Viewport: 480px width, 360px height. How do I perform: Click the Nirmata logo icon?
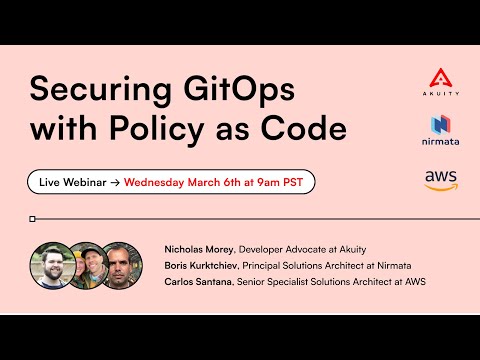[x=441, y=125]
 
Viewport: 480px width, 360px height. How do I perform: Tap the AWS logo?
[x=441, y=179]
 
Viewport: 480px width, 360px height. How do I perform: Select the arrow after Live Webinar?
[x=115, y=183]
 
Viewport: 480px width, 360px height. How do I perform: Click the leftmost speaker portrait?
[x=51, y=265]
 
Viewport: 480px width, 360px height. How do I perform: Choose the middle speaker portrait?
[x=87, y=265]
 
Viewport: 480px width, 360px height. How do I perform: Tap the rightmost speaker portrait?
[x=121, y=265]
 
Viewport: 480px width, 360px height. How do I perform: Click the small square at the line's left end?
[x=33, y=218]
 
